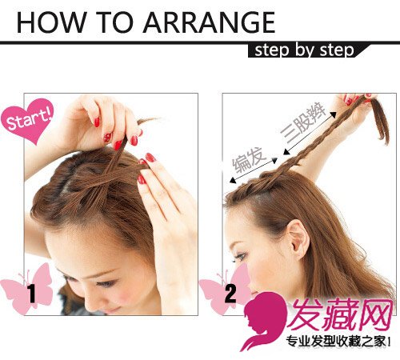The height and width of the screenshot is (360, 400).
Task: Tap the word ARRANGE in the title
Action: point(209,22)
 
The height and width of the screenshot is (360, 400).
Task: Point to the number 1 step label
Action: point(32,294)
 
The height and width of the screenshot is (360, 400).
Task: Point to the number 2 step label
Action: point(230,294)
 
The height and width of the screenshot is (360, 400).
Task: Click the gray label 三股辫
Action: point(303,122)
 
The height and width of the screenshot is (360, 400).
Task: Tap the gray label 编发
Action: point(249,159)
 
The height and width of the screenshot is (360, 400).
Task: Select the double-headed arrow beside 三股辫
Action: point(310,133)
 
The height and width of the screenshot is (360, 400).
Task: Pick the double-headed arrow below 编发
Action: point(254,170)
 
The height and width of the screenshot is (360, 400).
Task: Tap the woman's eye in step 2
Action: point(240,257)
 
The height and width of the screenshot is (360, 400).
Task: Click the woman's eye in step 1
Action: point(106,283)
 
